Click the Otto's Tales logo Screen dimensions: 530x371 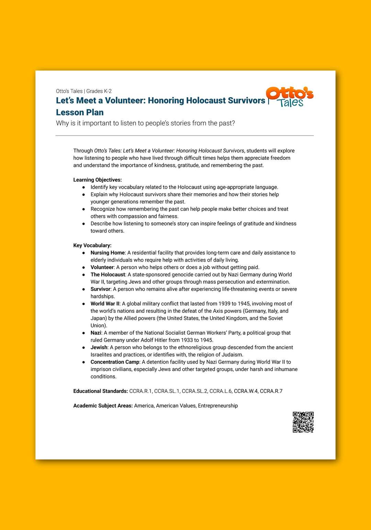click(x=290, y=97)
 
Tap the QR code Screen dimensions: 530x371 click(x=303, y=422)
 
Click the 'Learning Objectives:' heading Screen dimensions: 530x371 click(x=98, y=180)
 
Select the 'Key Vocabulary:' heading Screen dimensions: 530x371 click(x=92, y=245)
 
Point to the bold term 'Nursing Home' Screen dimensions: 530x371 click(x=108, y=253)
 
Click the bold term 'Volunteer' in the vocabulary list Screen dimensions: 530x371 click(x=102, y=267)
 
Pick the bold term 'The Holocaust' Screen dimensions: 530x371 click(x=108, y=275)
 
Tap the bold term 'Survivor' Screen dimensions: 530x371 click(x=101, y=289)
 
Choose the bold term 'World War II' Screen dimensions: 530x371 click(x=105, y=304)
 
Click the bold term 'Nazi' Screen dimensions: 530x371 click(x=96, y=333)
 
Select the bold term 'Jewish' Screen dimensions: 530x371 click(x=99, y=347)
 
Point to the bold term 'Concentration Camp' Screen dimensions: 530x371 click(x=115, y=362)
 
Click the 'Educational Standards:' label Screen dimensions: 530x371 click(x=100, y=391)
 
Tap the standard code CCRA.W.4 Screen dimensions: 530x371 click(x=246, y=391)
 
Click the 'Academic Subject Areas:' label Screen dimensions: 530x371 click(x=103, y=406)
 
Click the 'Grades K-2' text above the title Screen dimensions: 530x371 click(x=99, y=91)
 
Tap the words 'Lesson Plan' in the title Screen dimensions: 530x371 click(x=80, y=112)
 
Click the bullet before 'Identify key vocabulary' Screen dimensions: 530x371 click(x=83, y=187)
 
